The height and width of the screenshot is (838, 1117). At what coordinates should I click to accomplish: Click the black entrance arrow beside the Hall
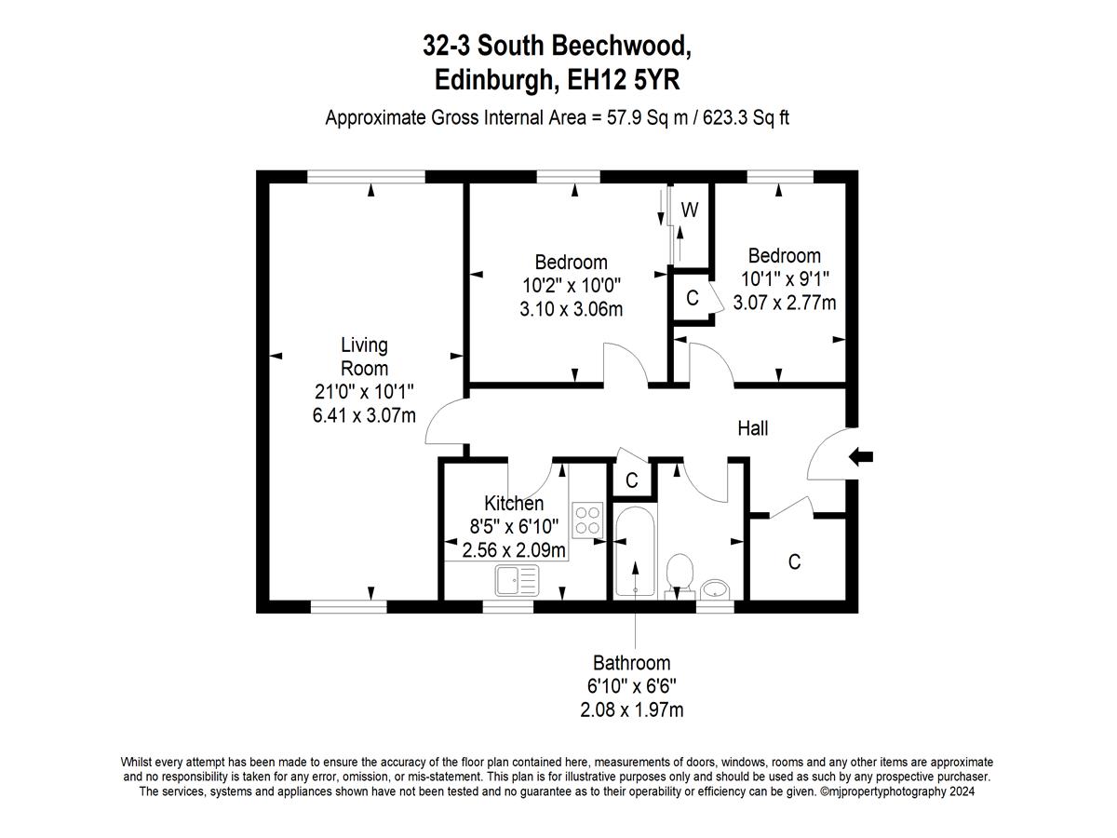[860, 457]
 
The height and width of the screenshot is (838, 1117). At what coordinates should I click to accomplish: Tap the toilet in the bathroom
[680, 575]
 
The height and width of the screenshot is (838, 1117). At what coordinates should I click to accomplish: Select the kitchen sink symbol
[517, 580]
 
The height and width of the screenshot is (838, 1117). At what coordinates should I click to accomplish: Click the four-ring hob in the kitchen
[587, 520]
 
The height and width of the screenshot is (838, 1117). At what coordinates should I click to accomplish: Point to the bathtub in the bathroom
[635, 551]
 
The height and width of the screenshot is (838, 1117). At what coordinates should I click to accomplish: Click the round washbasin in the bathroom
[715, 589]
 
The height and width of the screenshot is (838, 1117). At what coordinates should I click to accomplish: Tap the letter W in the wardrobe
[690, 209]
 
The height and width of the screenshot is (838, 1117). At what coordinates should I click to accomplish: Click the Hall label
[753, 428]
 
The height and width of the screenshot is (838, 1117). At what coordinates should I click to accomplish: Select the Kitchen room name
[514, 503]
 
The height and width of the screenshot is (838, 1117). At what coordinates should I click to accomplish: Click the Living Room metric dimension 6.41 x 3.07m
[364, 415]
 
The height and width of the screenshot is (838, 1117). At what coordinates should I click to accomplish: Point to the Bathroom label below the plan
[631, 663]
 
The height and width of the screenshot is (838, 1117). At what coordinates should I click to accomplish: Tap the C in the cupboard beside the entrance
[794, 561]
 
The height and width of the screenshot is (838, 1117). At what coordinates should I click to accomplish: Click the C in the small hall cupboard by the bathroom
[631, 480]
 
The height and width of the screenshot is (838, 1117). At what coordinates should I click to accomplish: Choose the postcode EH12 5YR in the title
[624, 80]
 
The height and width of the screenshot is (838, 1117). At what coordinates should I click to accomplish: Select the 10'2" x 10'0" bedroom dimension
[572, 286]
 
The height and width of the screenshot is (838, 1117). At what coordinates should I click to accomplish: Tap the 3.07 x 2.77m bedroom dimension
[784, 303]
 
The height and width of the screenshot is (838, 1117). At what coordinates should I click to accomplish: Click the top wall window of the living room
[366, 177]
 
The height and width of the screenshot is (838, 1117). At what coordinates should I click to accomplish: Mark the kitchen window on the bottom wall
[508, 606]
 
